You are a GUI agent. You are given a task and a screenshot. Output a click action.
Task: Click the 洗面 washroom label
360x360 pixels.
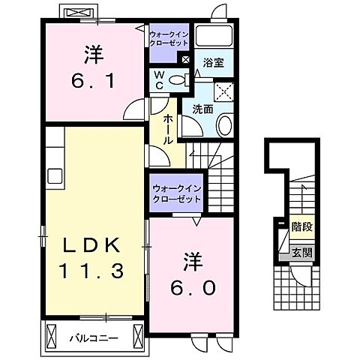pyautogui.click(x=202, y=109)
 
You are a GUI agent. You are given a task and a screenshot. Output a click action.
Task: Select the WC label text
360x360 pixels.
pyautogui.click(x=159, y=79)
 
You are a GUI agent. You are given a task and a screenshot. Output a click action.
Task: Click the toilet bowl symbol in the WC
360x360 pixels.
pyautogui.click(x=177, y=80)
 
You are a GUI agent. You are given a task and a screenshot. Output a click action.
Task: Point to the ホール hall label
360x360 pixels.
pyautogui.click(x=166, y=129)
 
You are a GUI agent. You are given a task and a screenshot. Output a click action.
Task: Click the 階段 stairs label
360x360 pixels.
pyautogui.click(x=301, y=223)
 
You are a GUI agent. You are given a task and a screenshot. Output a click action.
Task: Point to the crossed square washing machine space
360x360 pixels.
pyautogui.click(x=224, y=93)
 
